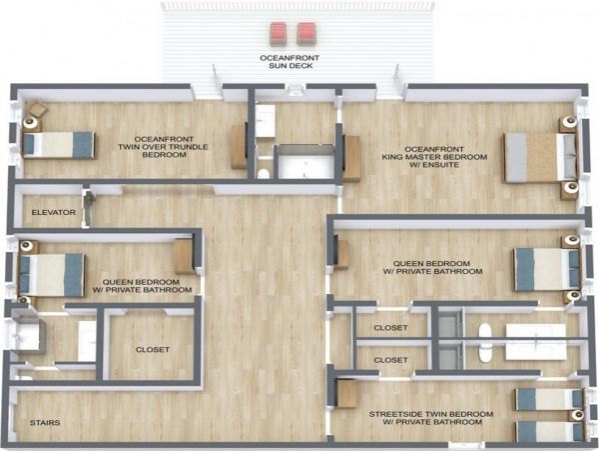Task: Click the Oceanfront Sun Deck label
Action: tap(290, 62)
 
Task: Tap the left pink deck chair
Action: tap(278, 33)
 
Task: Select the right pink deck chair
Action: tap(306, 33)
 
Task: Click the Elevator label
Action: tap(54, 212)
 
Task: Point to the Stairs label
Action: tap(45, 423)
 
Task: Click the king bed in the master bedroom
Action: tap(540, 157)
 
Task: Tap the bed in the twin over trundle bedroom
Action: tap(59, 145)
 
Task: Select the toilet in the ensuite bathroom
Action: tap(264, 174)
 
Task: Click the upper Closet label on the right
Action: tap(390, 328)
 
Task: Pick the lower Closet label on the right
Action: tap(390, 360)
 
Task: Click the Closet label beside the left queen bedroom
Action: tap(153, 350)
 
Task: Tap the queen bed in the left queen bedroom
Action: tap(52, 275)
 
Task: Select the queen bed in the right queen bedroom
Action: tap(547, 269)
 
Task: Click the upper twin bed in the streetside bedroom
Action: tap(549, 399)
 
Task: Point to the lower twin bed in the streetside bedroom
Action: tap(550, 431)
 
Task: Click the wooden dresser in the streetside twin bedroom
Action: tap(346, 394)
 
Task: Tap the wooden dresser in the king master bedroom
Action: tap(351, 158)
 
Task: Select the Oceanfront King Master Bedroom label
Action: tap(434, 157)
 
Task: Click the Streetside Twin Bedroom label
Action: tap(431, 418)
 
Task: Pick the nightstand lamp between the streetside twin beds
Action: tap(578, 415)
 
